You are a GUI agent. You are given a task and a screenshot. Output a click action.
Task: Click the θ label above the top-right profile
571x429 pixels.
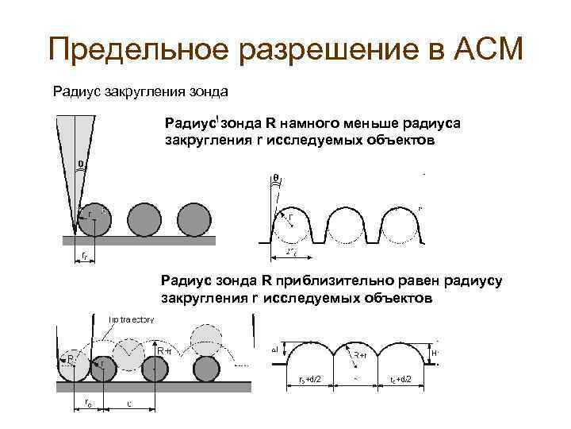coord(276,176)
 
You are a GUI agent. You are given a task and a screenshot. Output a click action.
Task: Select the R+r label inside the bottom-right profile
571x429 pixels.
coord(361,355)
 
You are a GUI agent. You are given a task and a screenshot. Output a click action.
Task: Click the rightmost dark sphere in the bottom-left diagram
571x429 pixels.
coord(205,368)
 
